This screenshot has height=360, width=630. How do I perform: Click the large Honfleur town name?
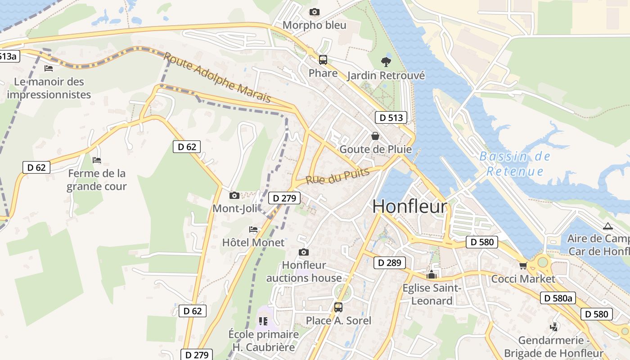410,206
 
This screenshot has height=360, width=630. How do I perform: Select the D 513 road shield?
391,118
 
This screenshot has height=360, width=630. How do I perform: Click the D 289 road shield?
389,263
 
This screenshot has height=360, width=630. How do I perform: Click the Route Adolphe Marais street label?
217,77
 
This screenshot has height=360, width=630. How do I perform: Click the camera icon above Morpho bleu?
315,12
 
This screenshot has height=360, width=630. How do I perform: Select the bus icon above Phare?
323,59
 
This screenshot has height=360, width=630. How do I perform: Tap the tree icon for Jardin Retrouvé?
386,62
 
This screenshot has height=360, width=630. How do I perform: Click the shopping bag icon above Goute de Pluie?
375,135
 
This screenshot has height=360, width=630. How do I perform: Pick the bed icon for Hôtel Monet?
253,229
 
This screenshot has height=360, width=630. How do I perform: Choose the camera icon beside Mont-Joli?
234,195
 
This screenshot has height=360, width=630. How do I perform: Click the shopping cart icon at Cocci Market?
523,266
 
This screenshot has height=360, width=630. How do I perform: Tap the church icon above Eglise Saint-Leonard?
432,274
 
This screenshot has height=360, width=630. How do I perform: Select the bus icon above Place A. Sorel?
338,307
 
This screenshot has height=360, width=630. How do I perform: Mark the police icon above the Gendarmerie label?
554,327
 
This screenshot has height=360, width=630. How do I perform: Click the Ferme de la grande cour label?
96,180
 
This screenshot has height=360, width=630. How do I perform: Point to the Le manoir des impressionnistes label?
49,88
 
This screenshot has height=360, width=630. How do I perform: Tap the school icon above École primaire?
263,321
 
